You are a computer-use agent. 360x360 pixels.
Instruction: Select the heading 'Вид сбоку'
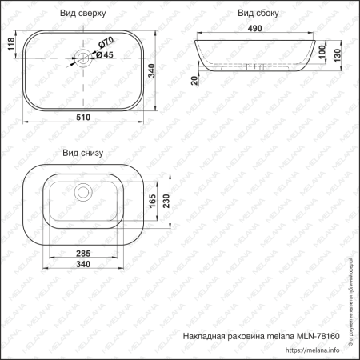[256, 14]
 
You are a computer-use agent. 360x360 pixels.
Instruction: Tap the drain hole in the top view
[82, 57]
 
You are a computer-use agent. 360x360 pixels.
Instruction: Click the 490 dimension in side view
[256, 30]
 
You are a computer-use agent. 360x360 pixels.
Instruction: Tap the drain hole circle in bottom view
[82, 192]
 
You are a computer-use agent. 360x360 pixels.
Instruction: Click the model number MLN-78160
[321, 336]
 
